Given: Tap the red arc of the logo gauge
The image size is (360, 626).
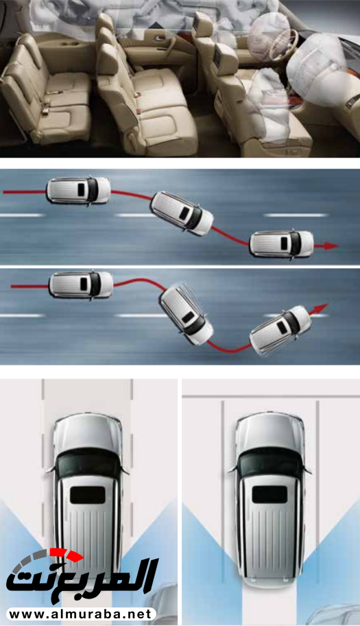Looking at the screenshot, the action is click(67, 555).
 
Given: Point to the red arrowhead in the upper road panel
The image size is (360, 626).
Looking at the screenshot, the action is click(331, 246).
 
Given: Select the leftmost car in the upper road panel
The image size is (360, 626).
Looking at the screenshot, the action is click(78, 190).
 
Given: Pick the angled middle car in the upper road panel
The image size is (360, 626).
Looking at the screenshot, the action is click(182, 213).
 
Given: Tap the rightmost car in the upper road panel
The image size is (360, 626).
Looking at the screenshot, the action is click(281, 243).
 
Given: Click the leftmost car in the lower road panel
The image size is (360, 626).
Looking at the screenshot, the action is click(81, 285).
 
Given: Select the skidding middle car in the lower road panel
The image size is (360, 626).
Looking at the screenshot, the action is click(187, 314).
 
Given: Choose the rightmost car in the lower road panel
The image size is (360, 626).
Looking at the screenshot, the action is click(280, 330).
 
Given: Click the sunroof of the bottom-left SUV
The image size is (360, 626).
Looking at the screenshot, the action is click(88, 495).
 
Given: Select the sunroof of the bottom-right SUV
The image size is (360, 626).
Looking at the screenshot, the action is click(269, 494).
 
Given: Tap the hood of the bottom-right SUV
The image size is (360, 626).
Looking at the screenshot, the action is click(269, 431).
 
